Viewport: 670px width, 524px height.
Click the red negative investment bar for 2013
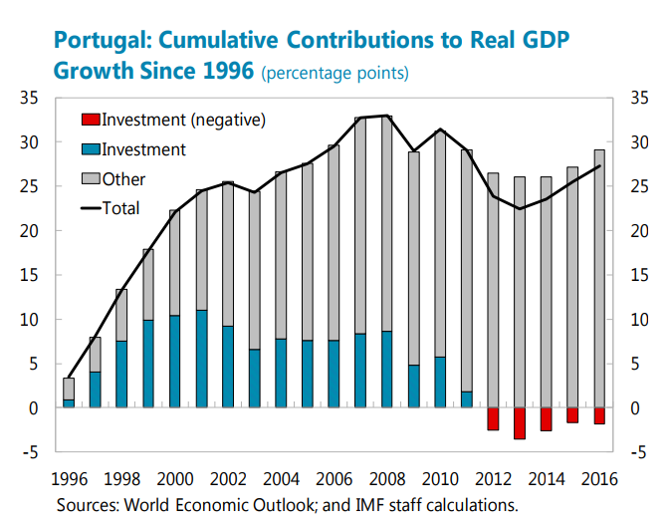[520, 422]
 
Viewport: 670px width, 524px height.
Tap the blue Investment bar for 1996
[69, 403]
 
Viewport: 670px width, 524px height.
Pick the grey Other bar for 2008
[387, 223]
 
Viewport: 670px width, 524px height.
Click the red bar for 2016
[599, 415]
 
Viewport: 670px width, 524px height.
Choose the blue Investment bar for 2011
[467, 399]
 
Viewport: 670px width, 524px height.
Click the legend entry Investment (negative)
[174, 120]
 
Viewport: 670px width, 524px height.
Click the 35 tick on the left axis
[27, 98]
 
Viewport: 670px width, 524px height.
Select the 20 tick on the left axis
[27, 231]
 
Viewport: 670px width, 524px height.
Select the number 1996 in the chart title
[226, 71]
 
